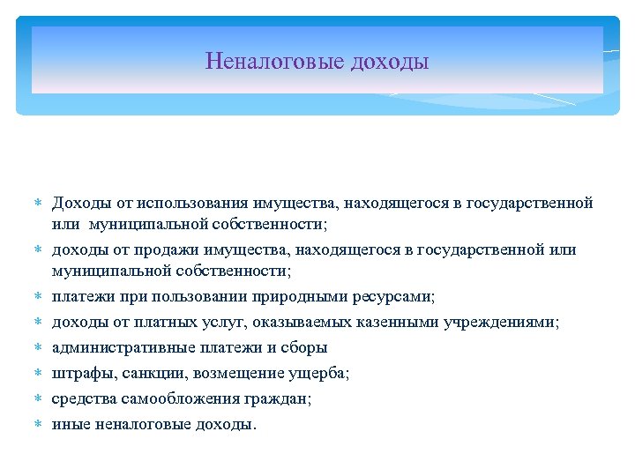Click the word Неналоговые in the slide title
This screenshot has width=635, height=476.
274,62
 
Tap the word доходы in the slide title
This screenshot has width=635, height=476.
390,62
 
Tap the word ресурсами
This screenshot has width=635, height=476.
400,297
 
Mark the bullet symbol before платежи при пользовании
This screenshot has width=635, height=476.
38,298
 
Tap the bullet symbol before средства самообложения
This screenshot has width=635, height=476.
38,399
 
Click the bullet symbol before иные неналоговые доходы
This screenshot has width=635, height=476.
38,425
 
